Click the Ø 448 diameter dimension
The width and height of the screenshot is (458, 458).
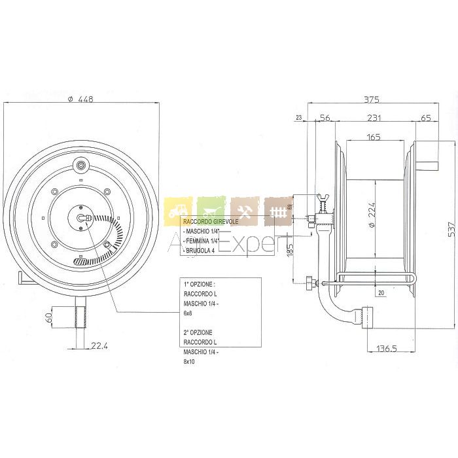81,99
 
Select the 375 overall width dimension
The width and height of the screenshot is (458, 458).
372,99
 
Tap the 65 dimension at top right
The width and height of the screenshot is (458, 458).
425,118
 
